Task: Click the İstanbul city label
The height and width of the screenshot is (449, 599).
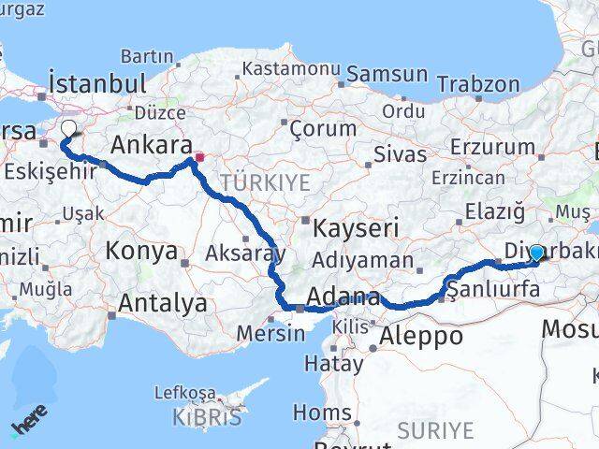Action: coord(97,83)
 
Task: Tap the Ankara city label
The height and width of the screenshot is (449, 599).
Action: coord(151,145)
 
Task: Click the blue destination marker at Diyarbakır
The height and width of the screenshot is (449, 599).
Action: coord(536,253)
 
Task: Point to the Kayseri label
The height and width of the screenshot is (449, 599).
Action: coord(355,227)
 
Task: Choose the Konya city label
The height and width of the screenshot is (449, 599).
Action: coord(141,252)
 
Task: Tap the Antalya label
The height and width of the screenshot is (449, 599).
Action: coord(163,303)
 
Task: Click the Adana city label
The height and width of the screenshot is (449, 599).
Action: coord(346,300)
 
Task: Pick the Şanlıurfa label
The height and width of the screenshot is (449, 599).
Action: coord(494,290)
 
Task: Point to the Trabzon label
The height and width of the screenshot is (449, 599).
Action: coord(478,85)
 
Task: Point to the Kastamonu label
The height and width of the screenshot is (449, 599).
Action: coord(290,69)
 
